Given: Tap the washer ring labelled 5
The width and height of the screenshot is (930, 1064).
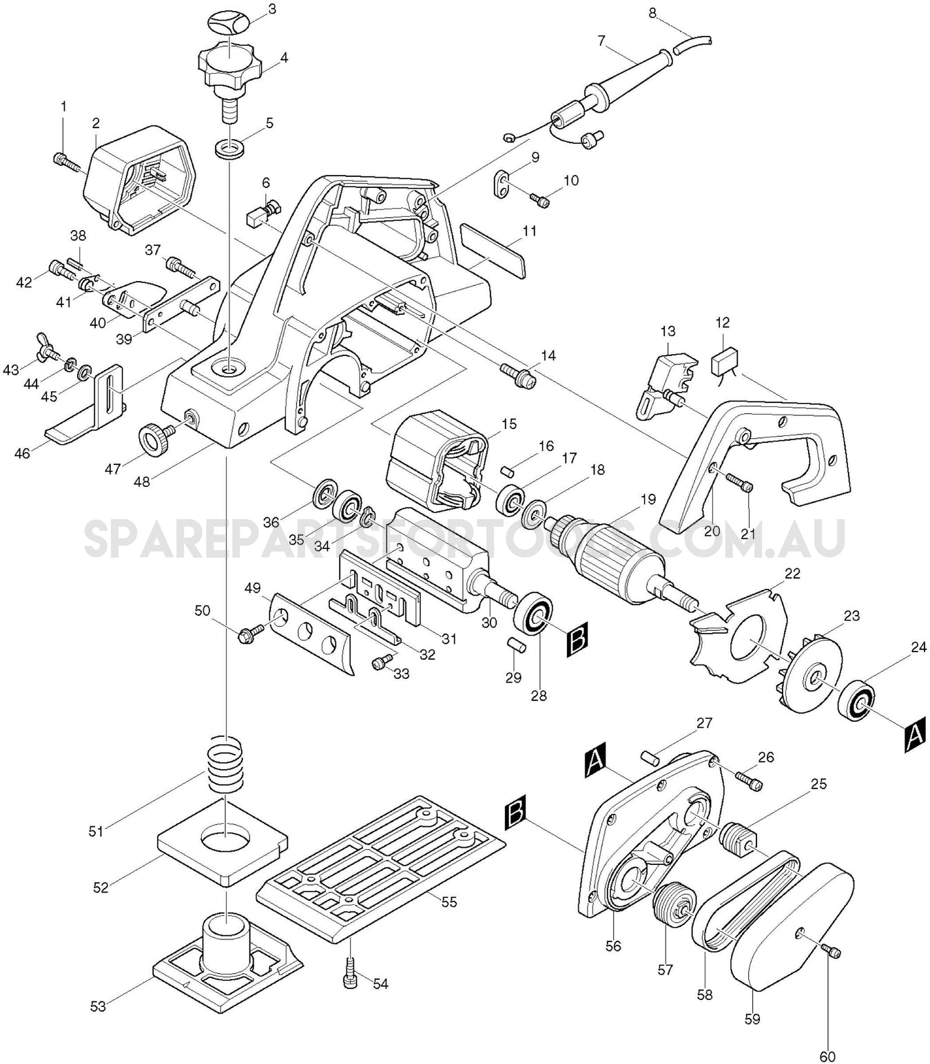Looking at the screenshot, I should [x=228, y=148].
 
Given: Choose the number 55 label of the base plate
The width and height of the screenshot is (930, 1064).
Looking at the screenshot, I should [x=448, y=902].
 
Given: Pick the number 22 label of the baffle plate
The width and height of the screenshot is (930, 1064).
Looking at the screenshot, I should [x=792, y=573].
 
